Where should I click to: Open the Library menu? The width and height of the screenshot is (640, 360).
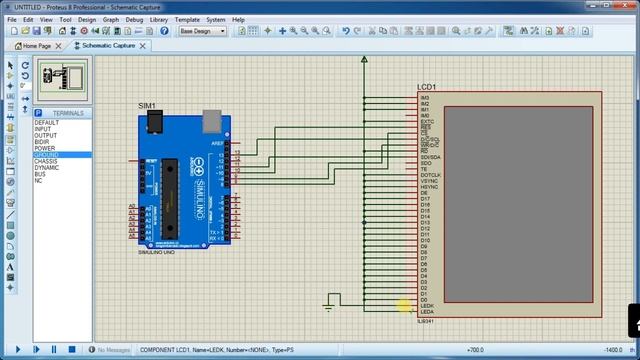pos(158,19)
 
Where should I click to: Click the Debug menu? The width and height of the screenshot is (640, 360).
pos(134,19)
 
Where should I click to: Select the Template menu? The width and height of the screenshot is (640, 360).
pos(187,19)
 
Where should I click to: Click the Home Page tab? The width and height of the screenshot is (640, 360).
pos(37,46)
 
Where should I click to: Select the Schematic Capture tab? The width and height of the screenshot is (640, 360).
pos(108,46)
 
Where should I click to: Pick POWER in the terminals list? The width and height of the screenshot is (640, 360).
pos(45,148)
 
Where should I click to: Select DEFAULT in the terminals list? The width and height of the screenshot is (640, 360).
pos(46,123)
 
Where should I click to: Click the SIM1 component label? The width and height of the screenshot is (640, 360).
pos(147,106)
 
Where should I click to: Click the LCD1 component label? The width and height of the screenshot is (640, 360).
pos(427,87)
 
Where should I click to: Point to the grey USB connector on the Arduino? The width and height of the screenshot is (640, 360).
pos(211,121)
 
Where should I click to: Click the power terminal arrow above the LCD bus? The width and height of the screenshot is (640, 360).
pos(364,60)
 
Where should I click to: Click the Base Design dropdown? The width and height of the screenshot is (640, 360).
pos(202,31)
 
